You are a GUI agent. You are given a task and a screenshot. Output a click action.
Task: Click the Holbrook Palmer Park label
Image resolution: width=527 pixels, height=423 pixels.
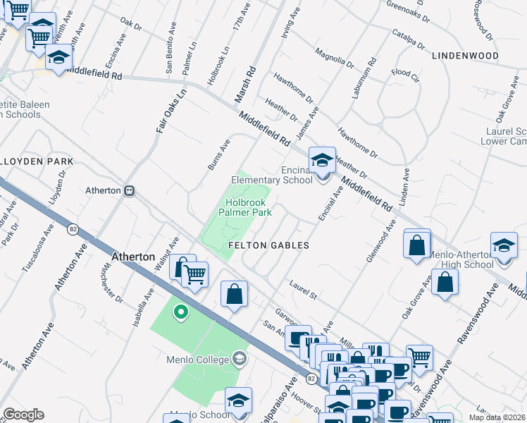click(x=244, y=207)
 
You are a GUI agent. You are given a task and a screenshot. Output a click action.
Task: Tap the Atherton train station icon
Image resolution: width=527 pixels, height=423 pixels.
click(x=129, y=190)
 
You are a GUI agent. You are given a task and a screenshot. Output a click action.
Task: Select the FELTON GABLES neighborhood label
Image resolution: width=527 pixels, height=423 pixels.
click(x=269, y=245)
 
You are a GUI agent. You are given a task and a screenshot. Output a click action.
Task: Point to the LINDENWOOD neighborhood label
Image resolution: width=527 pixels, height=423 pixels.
click(x=465, y=55)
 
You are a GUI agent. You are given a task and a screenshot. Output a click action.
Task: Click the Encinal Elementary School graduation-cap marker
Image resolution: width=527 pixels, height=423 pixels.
click(x=322, y=161)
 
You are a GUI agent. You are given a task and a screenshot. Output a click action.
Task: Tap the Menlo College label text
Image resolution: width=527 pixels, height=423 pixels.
click(x=199, y=359)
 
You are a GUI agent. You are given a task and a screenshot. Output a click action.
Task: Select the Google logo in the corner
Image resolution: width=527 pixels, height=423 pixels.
click(x=23, y=415)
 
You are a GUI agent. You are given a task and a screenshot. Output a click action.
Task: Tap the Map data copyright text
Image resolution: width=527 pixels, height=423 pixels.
click(x=497, y=417)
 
